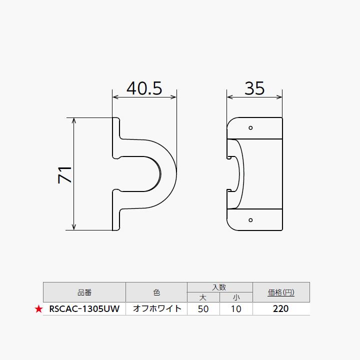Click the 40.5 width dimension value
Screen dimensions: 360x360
(144, 88)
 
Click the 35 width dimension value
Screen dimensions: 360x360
(254, 88)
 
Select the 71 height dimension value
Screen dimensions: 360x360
(65, 174)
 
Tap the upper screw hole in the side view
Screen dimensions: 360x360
(251, 128)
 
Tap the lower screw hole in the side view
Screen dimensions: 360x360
(251, 219)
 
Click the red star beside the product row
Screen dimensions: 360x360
(38, 309)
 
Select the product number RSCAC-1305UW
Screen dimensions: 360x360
(84, 309)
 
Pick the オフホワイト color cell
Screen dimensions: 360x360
(156, 309)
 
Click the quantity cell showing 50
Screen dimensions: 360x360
(203, 309)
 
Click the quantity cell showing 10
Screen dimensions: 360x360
(236, 309)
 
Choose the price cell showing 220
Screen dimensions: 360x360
(281, 309)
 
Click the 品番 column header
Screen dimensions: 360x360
(84, 292)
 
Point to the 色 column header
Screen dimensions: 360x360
(156, 292)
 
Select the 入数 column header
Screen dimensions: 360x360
(219, 287)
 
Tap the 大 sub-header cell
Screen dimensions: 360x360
(203, 297)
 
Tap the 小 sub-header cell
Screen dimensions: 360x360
(236, 297)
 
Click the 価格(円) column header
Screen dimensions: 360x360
(281, 292)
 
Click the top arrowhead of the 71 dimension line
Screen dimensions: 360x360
(74, 120)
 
